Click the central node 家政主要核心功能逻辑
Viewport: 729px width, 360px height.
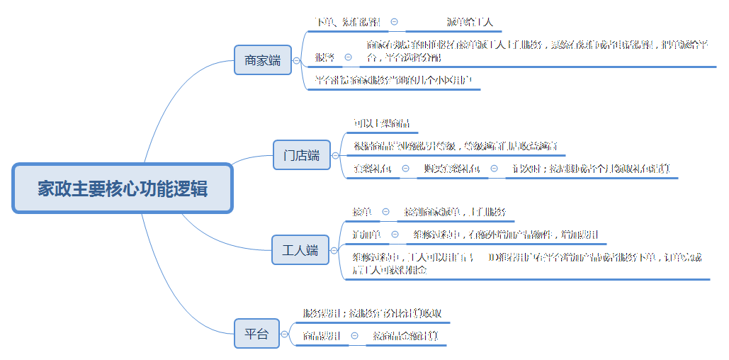coord(123,189)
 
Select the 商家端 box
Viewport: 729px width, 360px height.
coord(262,60)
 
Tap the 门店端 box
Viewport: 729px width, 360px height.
coord(302,155)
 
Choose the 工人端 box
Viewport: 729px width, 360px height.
coord(300,250)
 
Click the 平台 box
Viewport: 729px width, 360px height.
coord(256,334)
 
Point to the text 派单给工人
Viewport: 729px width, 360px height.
coord(470,22)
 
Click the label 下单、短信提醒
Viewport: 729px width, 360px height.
coord(347,22)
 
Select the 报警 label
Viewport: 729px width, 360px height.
coord(324,57)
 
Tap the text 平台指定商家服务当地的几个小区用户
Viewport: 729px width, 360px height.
coord(393,79)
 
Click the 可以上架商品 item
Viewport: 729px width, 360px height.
coord(381,123)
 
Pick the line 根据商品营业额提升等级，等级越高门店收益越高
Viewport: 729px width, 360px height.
coord(456,146)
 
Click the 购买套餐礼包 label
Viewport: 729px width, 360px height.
coord(451,169)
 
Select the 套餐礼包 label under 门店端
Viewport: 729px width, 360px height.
coord(372,169)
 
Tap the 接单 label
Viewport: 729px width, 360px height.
coord(361,211)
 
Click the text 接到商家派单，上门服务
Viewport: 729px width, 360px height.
coord(455,211)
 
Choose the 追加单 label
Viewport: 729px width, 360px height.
coord(366,235)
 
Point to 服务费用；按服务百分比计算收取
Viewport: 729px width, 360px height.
coord(373,313)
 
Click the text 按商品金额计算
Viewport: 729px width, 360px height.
coord(405,336)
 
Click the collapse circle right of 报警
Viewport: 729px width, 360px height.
coord(348,57)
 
